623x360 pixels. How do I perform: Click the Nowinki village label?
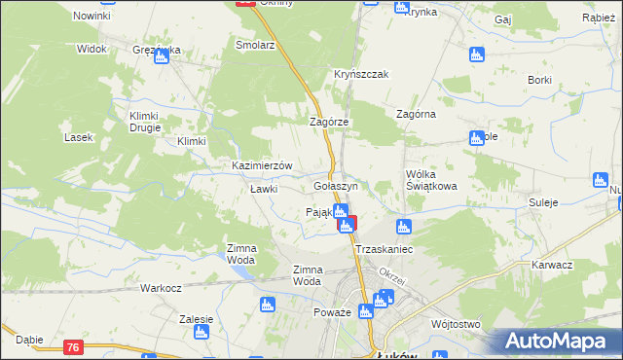[92, 17]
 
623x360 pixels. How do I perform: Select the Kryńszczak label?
[361, 75]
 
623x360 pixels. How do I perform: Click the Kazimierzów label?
[262, 165]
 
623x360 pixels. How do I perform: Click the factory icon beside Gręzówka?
[162, 56]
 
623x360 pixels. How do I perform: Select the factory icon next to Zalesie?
[202, 333]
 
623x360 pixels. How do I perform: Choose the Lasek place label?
[78, 137]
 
